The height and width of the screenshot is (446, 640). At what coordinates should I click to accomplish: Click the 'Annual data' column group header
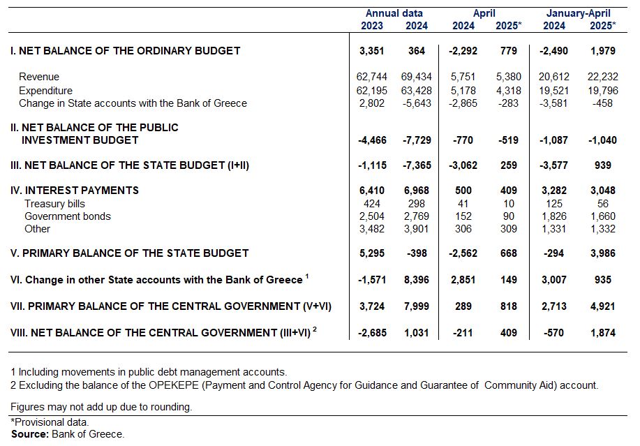(394, 13)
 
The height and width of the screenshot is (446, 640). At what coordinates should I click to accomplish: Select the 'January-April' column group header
(579, 13)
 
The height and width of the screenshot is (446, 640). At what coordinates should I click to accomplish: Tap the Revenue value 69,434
(417, 77)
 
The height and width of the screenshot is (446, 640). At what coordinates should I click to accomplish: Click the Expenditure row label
(46, 91)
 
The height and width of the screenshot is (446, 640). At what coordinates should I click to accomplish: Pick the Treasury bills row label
(54, 204)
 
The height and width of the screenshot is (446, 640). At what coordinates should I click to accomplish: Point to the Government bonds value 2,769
(417, 216)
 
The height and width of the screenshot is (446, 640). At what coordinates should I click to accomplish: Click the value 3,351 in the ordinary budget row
(371, 51)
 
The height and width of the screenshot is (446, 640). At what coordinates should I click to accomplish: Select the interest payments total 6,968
(417, 191)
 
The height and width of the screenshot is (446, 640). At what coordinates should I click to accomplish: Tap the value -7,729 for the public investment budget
(417, 140)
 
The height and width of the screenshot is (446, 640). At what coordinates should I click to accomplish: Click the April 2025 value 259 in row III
(509, 165)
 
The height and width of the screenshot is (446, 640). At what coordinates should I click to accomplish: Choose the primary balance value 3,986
(603, 253)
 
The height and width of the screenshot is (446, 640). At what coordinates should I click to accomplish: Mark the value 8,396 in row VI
(417, 280)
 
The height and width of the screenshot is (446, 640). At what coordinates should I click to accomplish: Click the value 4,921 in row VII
(603, 306)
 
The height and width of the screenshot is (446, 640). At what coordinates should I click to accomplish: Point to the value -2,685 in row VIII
(372, 333)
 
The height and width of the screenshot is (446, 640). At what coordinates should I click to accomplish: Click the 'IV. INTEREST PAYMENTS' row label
(75, 191)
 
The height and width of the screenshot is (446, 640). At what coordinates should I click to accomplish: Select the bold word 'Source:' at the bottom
(30, 434)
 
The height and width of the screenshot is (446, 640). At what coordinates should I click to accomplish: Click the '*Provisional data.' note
(50, 422)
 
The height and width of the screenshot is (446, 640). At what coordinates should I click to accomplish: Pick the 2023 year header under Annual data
(372, 26)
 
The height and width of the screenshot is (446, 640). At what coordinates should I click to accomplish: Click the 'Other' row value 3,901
(417, 229)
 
